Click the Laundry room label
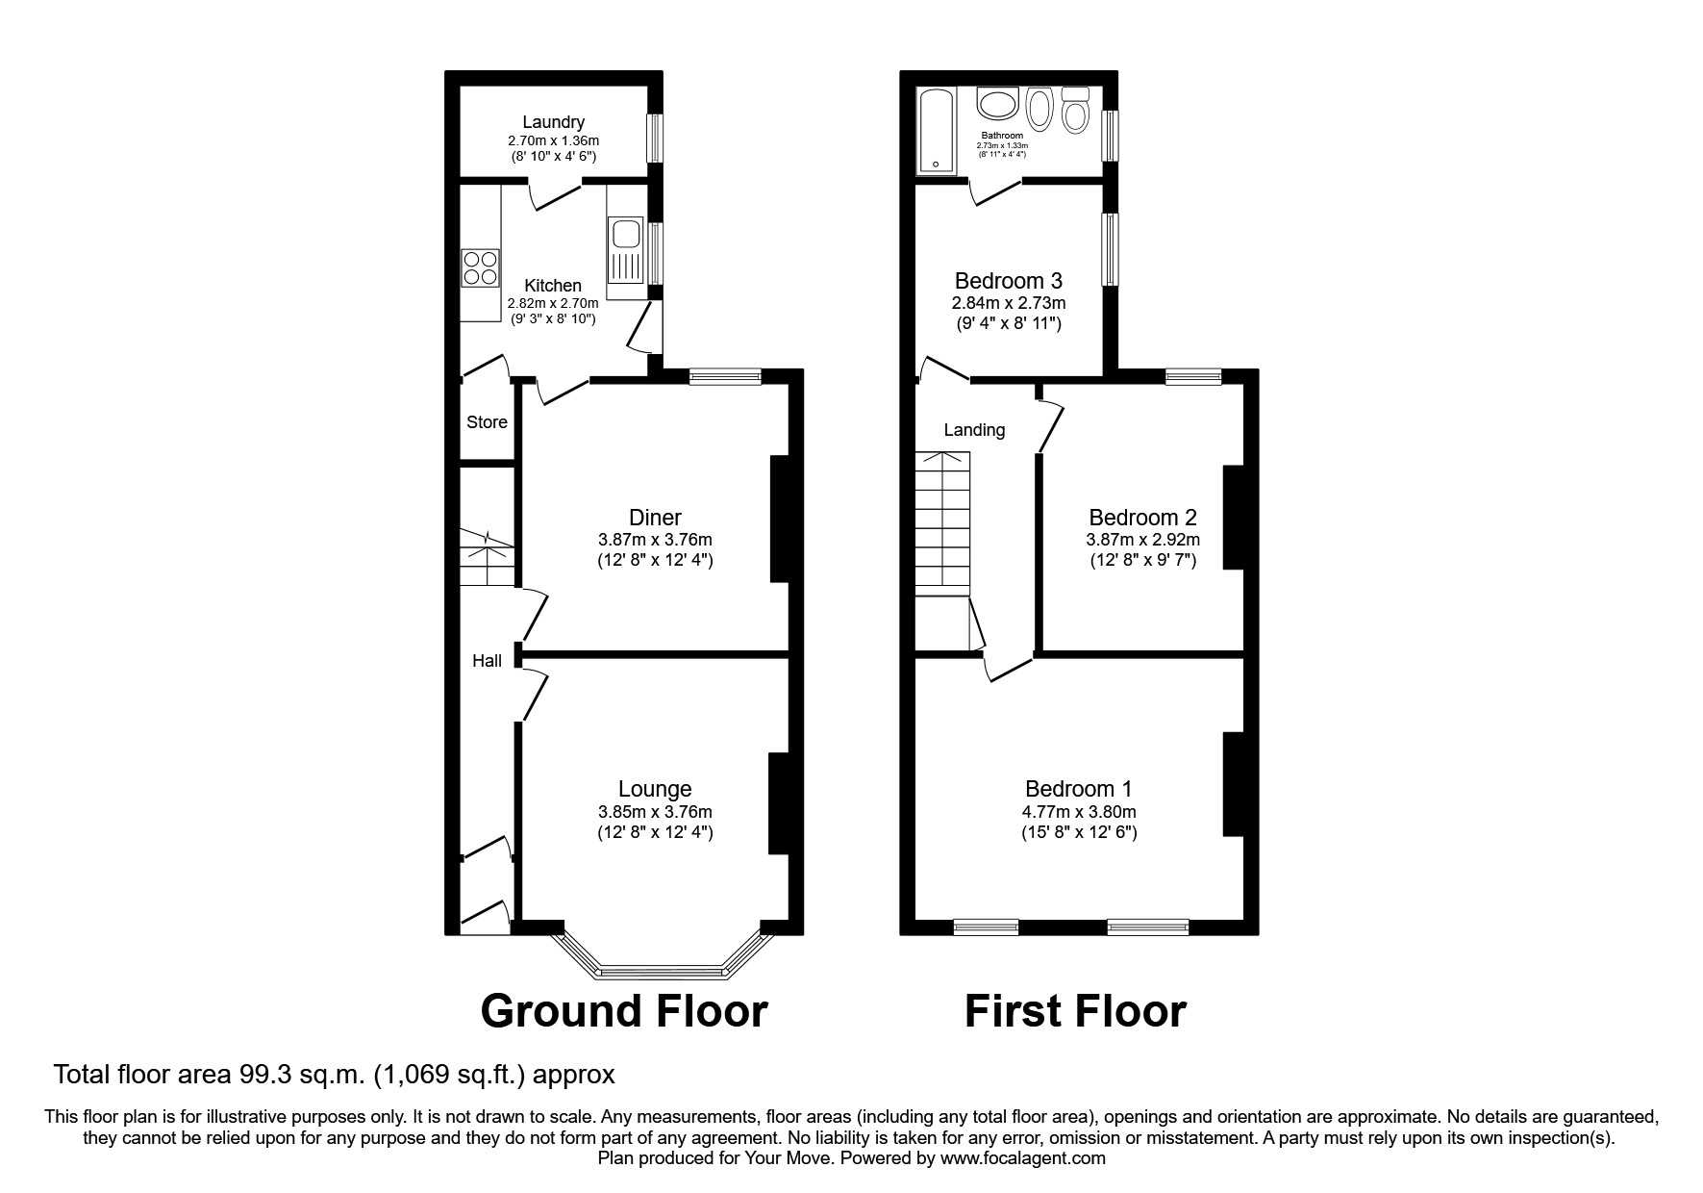pyautogui.click(x=553, y=122)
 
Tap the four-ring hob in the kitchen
pyautogui.click(x=480, y=267)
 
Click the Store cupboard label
pyautogui.click(x=487, y=422)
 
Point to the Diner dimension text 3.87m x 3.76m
pyautogui.click(x=655, y=540)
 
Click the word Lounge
pyautogui.click(x=655, y=789)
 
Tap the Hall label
pyautogui.click(x=487, y=661)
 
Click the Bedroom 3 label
pyautogui.click(x=1008, y=281)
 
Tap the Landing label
pyautogui.click(x=974, y=430)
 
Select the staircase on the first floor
pyautogui.click(x=943, y=524)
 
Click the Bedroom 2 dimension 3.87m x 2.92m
pyautogui.click(x=1142, y=541)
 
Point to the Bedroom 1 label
pyautogui.click(x=1078, y=789)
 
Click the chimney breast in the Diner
pyautogui.click(x=779, y=520)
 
